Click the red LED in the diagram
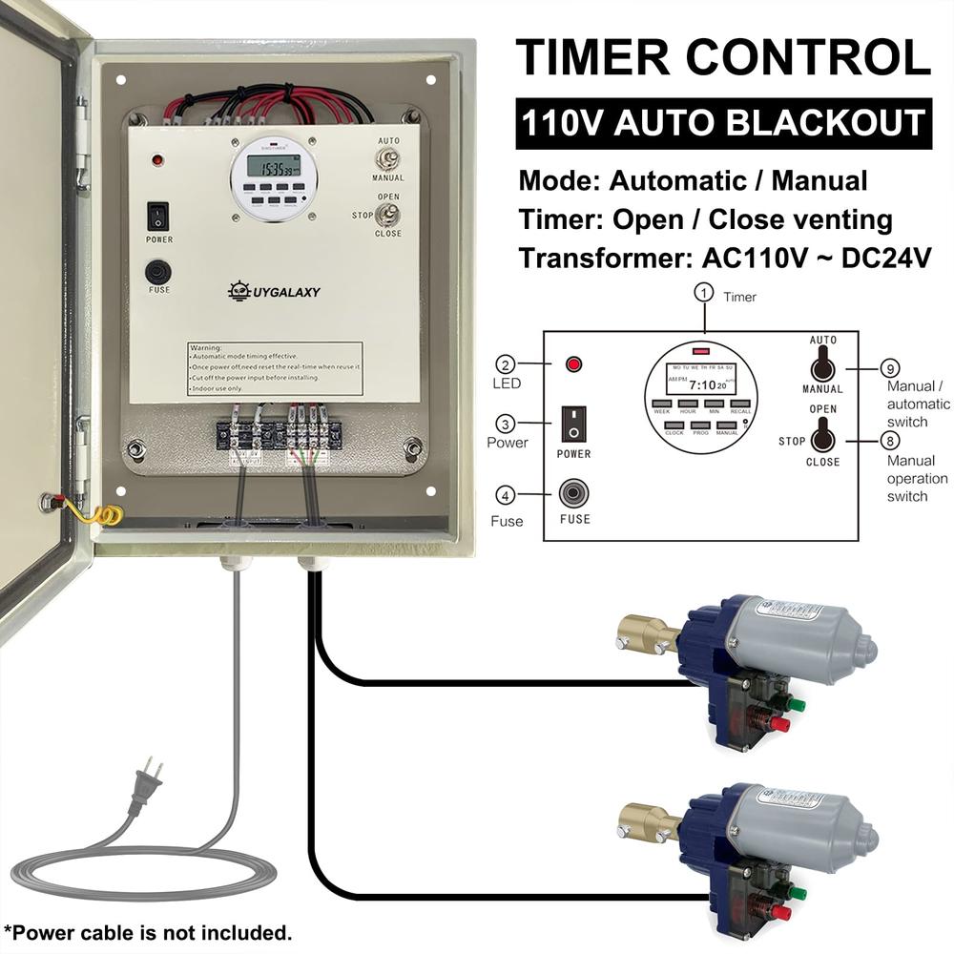574,364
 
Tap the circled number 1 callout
704,294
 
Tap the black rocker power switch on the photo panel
157,217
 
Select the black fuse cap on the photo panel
157,273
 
